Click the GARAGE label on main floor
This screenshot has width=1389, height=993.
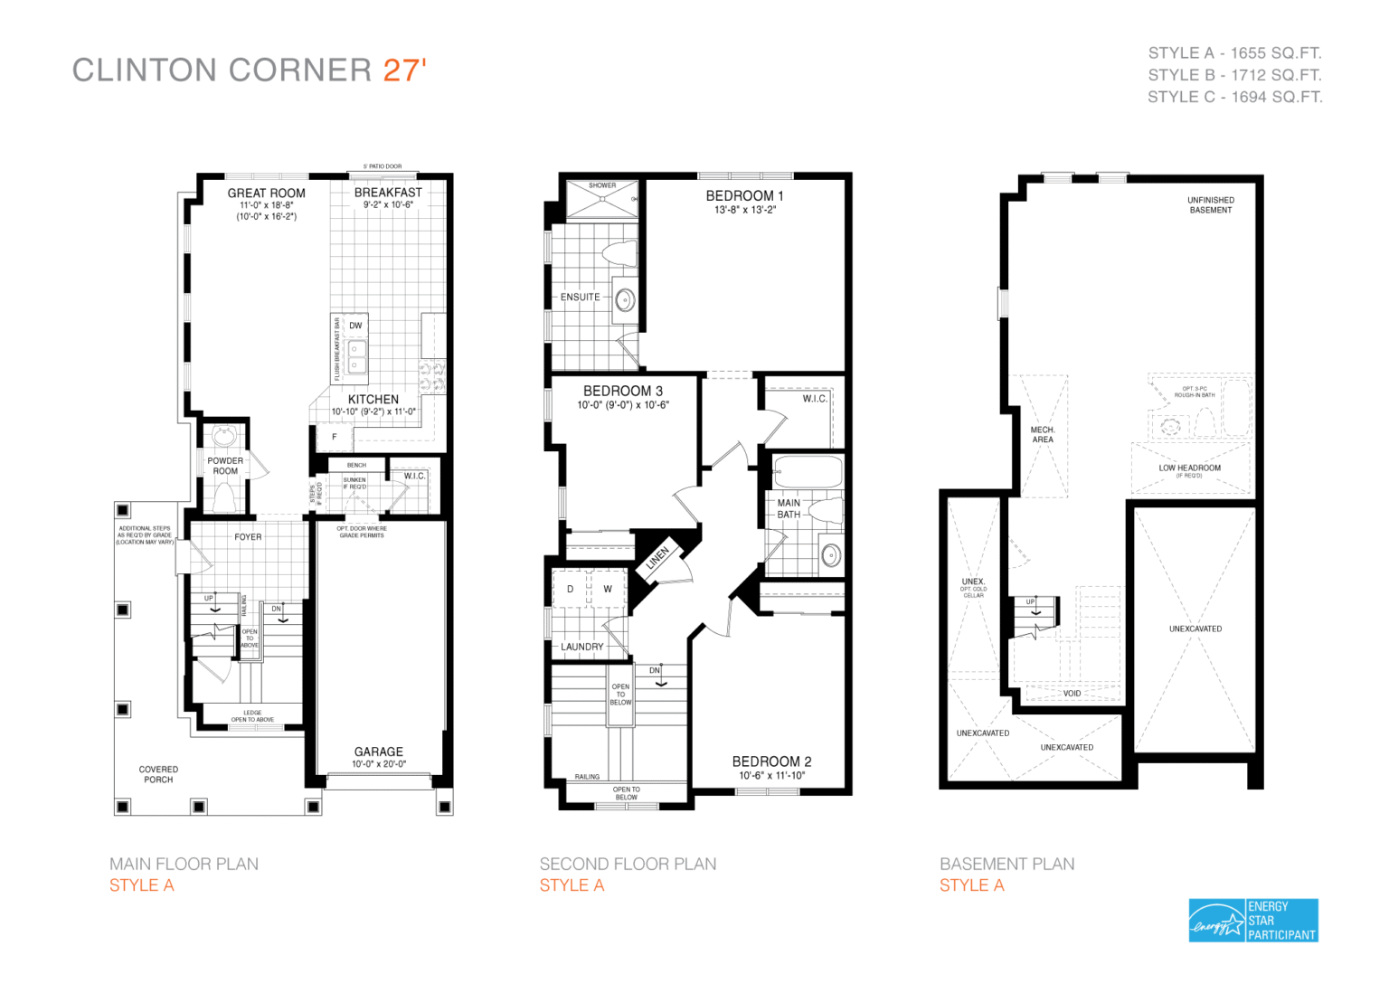pos(378,752)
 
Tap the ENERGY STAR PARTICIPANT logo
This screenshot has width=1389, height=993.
pos(1253,921)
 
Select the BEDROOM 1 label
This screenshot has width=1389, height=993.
pos(744,196)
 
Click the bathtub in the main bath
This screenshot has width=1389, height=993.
pos(808,472)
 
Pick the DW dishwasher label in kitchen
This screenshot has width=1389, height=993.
pos(355,326)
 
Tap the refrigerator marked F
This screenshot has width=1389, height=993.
pos(334,437)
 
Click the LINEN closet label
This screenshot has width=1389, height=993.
pos(657,558)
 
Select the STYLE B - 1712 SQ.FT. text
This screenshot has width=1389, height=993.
pos(1234,75)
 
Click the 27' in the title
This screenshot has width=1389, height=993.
pos(404,71)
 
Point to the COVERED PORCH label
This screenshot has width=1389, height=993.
pos(158,774)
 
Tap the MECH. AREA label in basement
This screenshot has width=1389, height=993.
pos(1043,435)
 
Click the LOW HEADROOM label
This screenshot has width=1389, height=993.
pos(1189,468)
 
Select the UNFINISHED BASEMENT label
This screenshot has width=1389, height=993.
pos(1210,205)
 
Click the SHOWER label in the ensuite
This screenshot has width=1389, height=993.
pos(602,185)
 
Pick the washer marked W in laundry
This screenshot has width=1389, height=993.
pos(608,589)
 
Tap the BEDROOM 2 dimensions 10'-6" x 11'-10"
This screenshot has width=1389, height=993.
pos(771,776)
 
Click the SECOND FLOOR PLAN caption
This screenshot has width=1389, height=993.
pos(628,865)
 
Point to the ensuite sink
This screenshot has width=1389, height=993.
pos(625,299)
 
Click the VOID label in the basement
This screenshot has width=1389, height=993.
pos(1072,694)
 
